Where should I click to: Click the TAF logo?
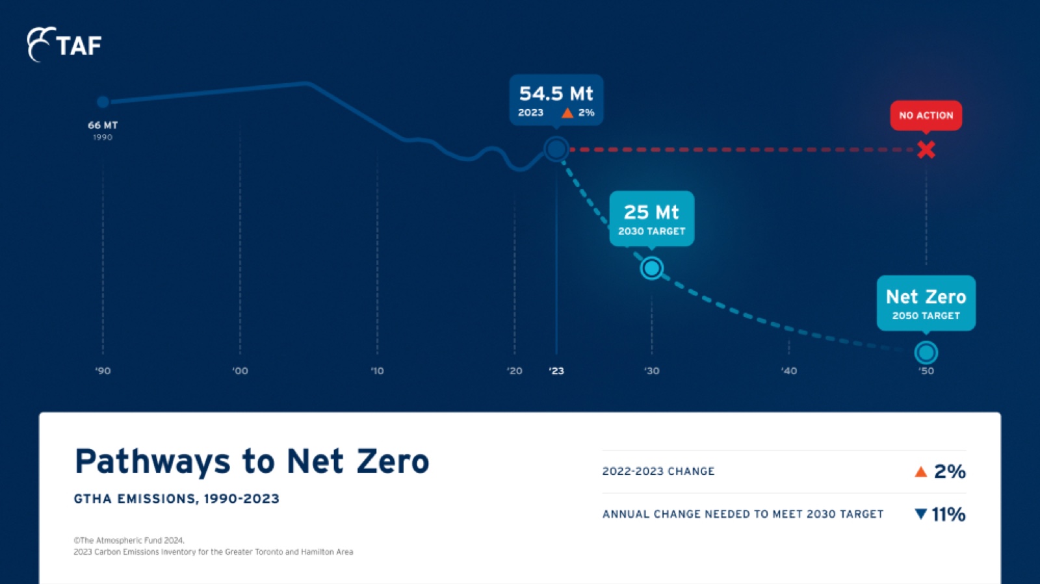coord(64,45)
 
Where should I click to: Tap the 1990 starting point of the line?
coord(103,101)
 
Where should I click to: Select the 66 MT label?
coord(103,125)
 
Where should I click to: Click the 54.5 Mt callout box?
coord(556,100)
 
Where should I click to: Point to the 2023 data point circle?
coord(556,149)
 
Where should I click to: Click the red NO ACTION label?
coord(926,116)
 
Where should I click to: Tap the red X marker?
coord(926,150)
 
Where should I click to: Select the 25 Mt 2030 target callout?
coord(652,218)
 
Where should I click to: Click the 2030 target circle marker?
coord(652,268)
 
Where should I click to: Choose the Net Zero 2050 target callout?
coord(926,303)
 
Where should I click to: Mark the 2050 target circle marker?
coord(926,353)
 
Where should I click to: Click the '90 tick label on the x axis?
coord(103,371)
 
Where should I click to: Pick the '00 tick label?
coord(240,371)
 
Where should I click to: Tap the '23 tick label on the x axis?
coord(556,371)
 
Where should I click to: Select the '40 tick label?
coord(789,371)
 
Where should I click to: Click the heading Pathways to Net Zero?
coord(252,461)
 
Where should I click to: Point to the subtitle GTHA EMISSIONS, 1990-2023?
coord(177,499)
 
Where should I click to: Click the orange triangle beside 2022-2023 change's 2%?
coord(921,472)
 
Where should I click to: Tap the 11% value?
coord(949,514)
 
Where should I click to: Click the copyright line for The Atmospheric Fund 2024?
coord(129,540)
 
